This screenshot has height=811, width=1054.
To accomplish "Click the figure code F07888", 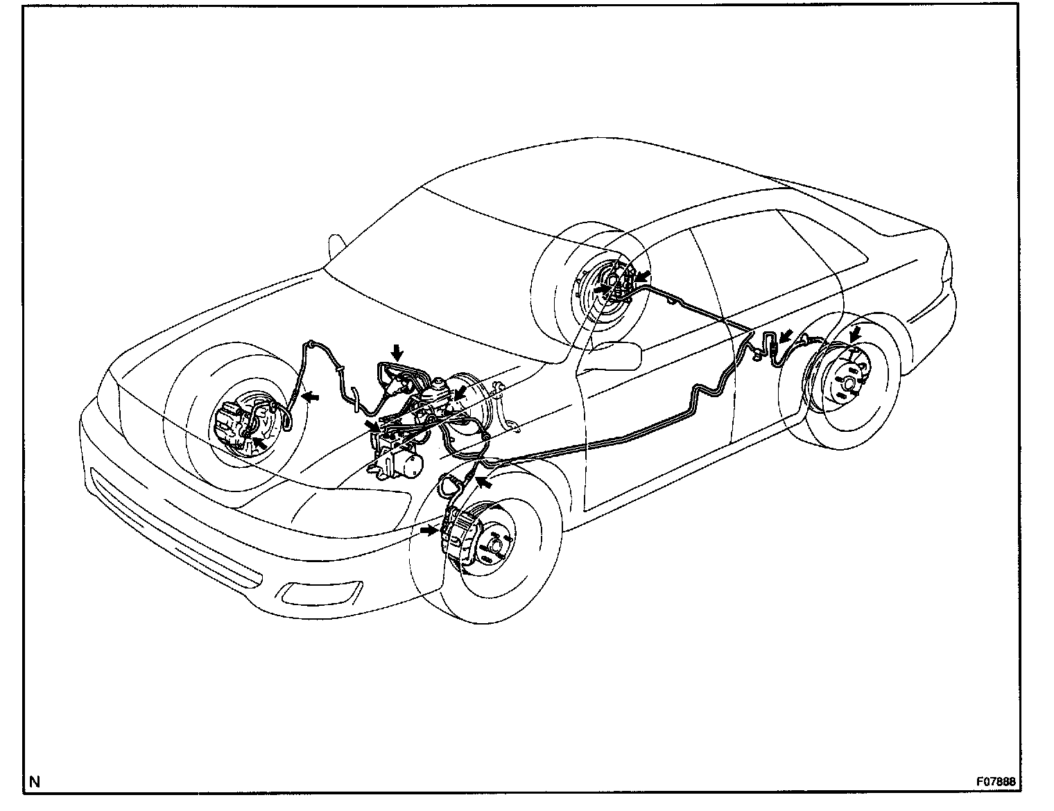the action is tap(998, 781).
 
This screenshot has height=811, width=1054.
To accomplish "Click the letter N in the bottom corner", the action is tap(35, 782).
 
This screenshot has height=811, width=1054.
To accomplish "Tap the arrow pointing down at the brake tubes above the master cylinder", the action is tap(397, 352).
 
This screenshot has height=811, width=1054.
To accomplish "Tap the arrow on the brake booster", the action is tap(458, 396).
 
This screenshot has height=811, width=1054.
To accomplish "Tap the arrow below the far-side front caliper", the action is tap(259, 442).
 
